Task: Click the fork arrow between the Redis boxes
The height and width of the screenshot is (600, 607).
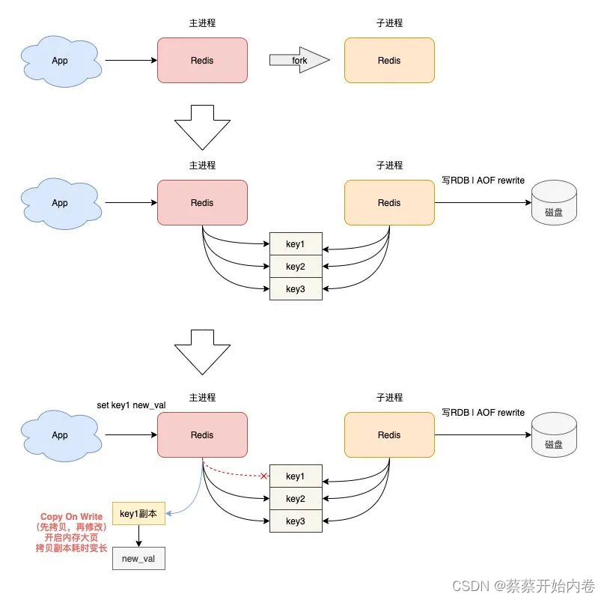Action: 299,60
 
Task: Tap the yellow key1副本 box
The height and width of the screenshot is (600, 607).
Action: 138,513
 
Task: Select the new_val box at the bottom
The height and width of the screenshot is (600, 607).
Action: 138,559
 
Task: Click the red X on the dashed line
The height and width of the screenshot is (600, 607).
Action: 263,476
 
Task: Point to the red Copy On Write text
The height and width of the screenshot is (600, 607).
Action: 72,517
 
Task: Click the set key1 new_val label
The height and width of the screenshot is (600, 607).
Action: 131,404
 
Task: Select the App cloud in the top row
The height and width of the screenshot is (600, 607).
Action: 60,60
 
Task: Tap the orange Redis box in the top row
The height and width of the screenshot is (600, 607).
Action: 389,60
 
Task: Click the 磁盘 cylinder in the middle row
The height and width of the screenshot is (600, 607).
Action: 554,203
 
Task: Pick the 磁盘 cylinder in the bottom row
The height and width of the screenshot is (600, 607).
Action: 554,435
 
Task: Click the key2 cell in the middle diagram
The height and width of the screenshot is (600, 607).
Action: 296,266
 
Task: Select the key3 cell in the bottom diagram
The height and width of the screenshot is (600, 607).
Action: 296,521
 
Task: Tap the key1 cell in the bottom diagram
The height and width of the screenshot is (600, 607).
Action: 296,476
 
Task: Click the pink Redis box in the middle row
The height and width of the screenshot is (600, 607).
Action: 202,202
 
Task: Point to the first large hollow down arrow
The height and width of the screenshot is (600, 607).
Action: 202,127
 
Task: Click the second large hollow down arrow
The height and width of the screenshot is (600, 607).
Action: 202,352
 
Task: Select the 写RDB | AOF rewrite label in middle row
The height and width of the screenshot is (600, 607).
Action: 483,181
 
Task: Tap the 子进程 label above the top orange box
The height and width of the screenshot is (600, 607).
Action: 389,23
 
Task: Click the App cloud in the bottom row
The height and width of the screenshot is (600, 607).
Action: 60,434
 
